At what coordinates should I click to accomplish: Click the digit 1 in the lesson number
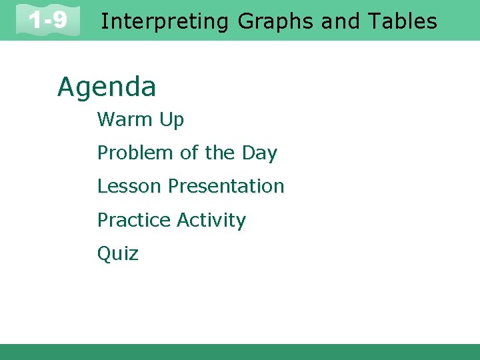(x=33, y=21)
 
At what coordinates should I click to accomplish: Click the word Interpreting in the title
(x=164, y=22)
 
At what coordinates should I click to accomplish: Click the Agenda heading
(x=107, y=87)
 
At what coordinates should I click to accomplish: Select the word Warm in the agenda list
(x=125, y=120)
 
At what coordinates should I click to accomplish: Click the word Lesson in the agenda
(x=130, y=186)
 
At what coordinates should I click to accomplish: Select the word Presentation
(x=226, y=186)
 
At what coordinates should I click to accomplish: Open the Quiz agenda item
(x=118, y=253)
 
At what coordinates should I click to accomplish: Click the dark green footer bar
(x=240, y=352)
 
